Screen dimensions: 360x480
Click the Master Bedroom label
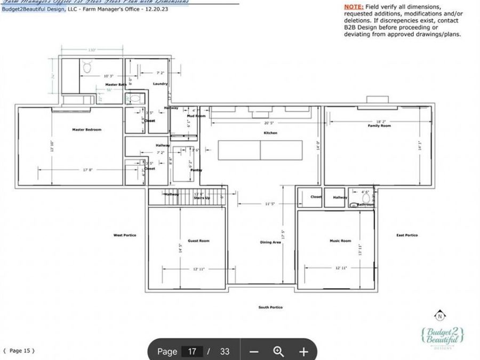tap(86, 130)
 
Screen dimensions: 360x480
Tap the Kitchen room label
tap(270, 133)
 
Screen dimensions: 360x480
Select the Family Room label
tap(379, 126)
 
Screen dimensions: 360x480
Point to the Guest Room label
tap(198, 241)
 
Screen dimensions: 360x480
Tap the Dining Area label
tap(270, 243)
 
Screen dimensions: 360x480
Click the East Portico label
tap(407, 235)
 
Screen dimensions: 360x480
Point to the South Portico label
tap(270, 307)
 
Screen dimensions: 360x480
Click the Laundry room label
tap(160, 84)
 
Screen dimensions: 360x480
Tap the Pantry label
tap(196, 170)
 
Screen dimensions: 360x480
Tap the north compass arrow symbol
tap(439, 315)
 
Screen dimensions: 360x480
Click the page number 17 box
tap(191, 351)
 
